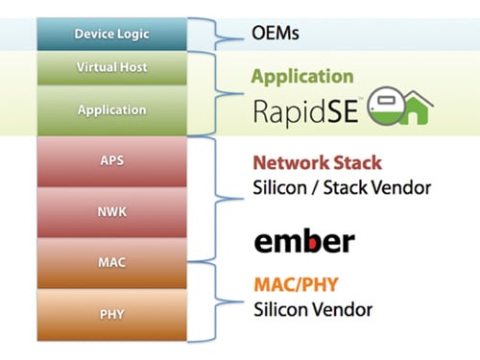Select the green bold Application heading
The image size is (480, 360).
301,77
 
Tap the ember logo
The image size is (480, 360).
303,240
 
